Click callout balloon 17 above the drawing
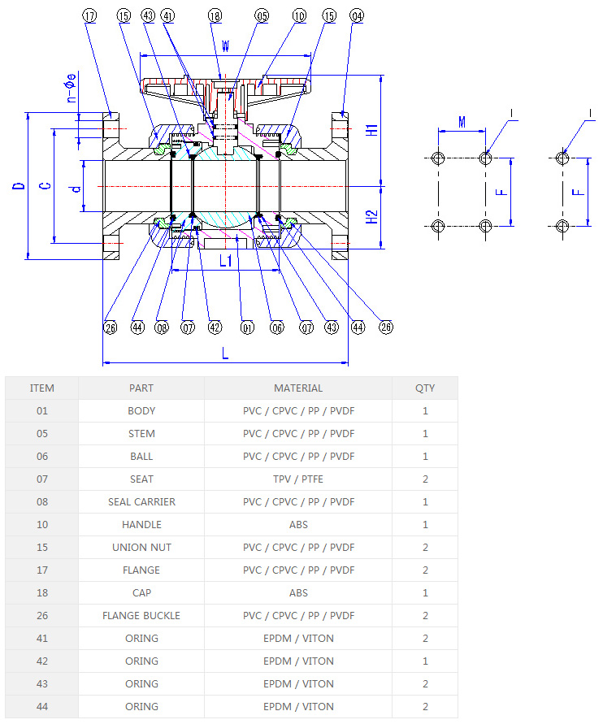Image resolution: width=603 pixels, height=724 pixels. (89, 15)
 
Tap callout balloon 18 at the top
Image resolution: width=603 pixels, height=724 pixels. (215, 15)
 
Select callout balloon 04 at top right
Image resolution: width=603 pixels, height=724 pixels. (357, 15)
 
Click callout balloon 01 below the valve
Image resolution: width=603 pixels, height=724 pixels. (247, 327)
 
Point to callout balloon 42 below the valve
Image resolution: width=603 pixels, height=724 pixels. (215, 327)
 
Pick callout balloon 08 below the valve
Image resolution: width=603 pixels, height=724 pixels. (162, 327)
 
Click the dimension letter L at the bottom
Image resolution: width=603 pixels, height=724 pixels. (225, 353)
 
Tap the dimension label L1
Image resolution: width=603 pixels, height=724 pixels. (227, 262)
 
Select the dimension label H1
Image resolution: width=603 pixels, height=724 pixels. (371, 130)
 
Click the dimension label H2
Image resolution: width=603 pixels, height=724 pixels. (371, 216)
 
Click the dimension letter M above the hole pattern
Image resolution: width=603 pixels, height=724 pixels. (462, 122)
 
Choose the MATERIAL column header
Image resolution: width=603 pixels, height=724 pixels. (298, 388)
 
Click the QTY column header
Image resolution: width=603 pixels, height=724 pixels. (425, 388)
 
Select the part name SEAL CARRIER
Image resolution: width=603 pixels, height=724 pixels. (141, 502)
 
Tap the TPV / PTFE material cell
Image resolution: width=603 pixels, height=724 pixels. (298, 479)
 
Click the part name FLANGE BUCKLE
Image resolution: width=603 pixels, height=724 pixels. (141, 616)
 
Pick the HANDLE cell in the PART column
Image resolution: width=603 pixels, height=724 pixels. (141, 525)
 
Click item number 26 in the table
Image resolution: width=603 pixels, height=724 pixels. (42, 616)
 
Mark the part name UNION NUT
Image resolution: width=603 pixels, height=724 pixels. (141, 548)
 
